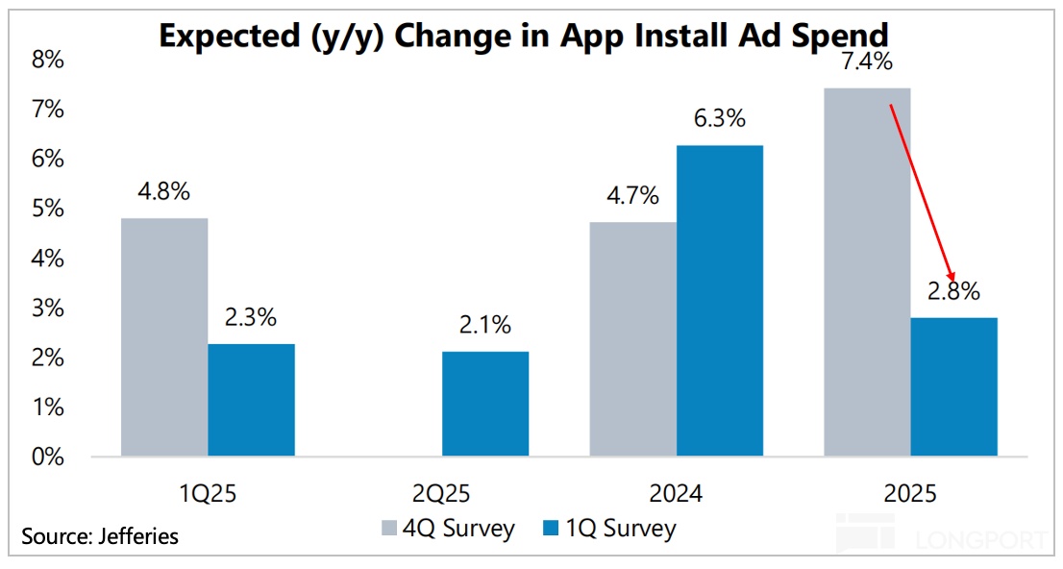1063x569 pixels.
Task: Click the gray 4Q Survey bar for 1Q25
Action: point(164,336)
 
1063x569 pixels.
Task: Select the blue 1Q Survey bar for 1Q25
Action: point(252,399)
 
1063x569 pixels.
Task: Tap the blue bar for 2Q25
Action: point(485,404)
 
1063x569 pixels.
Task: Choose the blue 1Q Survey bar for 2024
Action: point(719,300)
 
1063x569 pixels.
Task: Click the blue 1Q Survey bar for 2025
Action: point(953,386)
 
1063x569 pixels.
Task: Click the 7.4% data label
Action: point(866,62)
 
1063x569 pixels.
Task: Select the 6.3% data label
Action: point(719,120)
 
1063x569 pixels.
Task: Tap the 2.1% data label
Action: point(484,327)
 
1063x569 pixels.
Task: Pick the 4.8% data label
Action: point(163,191)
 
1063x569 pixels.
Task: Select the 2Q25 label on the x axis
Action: point(441,494)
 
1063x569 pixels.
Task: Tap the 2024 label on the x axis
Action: point(676,494)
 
